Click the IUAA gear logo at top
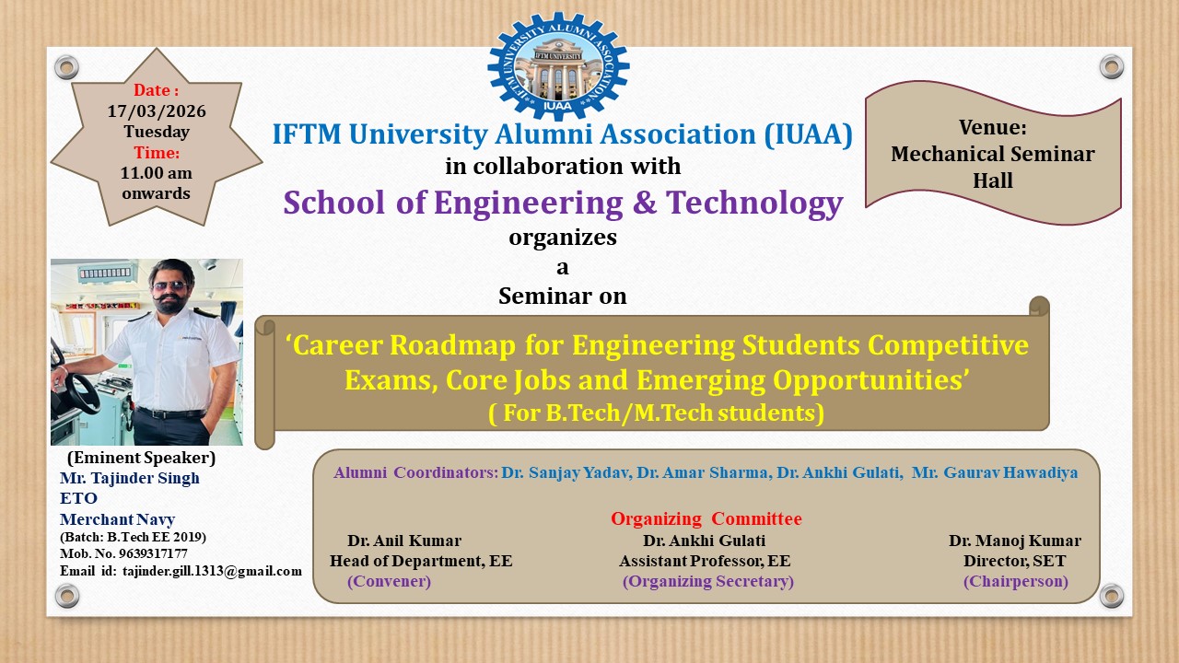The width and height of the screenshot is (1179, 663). coord(558,66)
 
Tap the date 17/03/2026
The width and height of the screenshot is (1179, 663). coord(157,111)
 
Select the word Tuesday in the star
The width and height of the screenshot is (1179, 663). coord(157,132)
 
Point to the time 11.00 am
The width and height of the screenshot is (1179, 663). coord(157,172)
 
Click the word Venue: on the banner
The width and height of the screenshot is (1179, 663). coord(993,127)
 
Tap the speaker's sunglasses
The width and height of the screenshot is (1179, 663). coord(169,286)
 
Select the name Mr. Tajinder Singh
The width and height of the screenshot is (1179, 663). coord(130,478)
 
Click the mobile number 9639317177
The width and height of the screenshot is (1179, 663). coord(153,553)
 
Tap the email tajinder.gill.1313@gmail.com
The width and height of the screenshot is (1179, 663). coord(212,572)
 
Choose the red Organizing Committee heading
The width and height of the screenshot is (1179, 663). coord(706,518)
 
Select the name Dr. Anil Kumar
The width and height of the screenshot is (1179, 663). coord(404,541)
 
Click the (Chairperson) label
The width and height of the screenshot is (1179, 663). coord(1016,581)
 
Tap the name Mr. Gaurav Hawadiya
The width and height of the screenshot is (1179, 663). coord(995,472)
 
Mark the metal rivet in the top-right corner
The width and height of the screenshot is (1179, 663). coord(1112,67)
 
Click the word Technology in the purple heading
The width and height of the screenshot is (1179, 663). coord(754,204)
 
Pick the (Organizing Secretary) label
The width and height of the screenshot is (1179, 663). coord(708,581)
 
